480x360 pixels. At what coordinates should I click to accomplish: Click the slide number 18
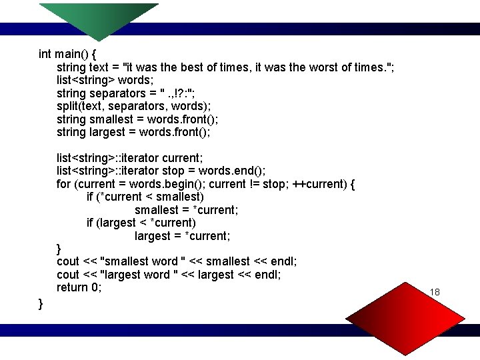point(435,293)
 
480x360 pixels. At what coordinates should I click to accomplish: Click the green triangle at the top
point(99,20)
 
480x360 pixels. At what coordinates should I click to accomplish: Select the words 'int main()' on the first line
point(64,54)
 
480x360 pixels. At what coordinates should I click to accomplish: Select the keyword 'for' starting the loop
point(64,183)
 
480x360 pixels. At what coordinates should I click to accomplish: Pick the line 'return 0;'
point(79,287)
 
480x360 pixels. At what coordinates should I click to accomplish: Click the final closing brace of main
point(41,304)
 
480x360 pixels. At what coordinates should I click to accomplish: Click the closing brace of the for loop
point(59,249)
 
